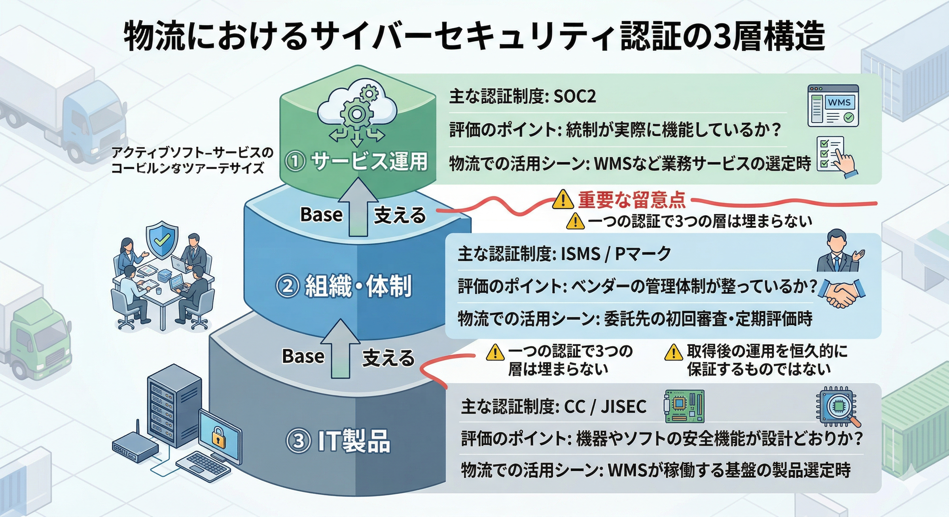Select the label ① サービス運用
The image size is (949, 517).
click(x=357, y=162)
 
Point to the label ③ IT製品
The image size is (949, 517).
click(x=338, y=441)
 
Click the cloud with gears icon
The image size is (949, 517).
click(x=356, y=110)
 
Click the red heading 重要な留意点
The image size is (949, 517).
click(x=632, y=200)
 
